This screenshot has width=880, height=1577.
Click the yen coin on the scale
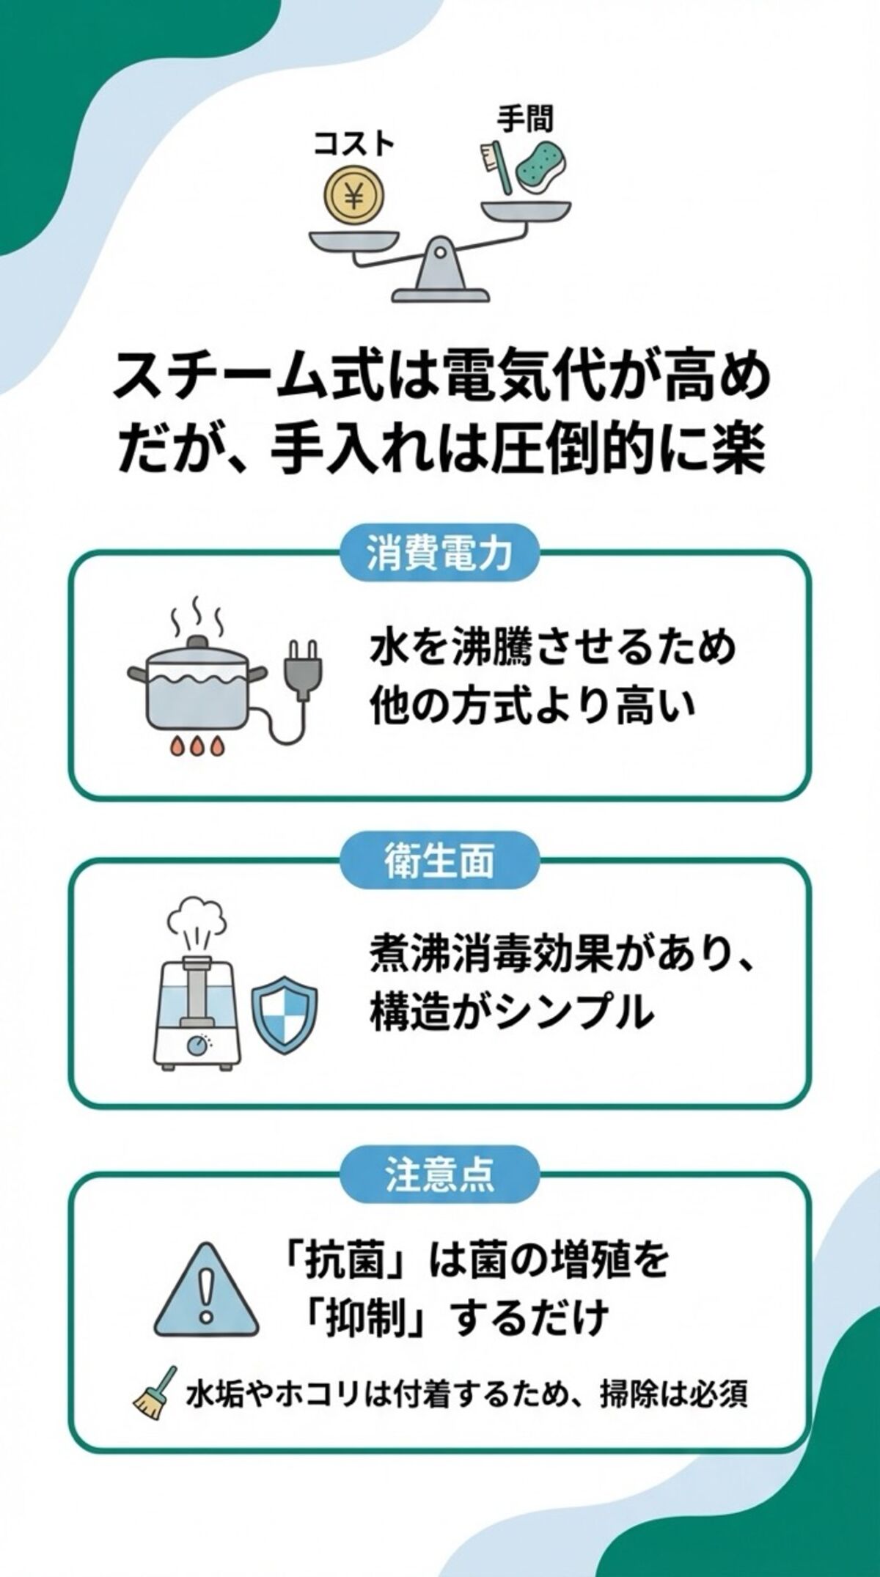(x=355, y=196)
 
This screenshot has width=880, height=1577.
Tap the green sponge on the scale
(x=540, y=168)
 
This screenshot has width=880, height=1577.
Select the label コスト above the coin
(x=354, y=144)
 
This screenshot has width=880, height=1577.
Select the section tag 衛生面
(x=439, y=860)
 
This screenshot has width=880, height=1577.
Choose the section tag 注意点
(x=439, y=1173)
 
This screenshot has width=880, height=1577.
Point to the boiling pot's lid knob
(x=197, y=642)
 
